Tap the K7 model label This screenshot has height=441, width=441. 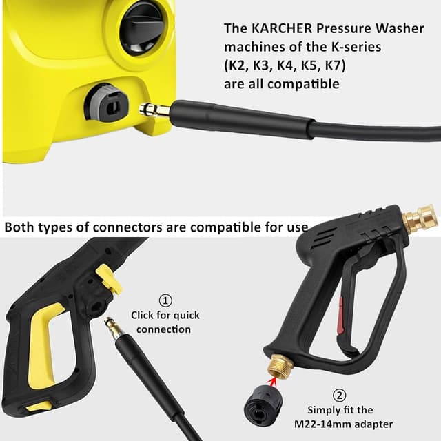(334, 65)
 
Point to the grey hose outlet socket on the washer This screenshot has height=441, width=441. (106, 101)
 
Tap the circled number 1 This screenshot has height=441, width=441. (165, 300)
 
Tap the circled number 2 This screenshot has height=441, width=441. (339, 396)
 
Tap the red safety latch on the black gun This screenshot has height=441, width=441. (340, 315)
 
